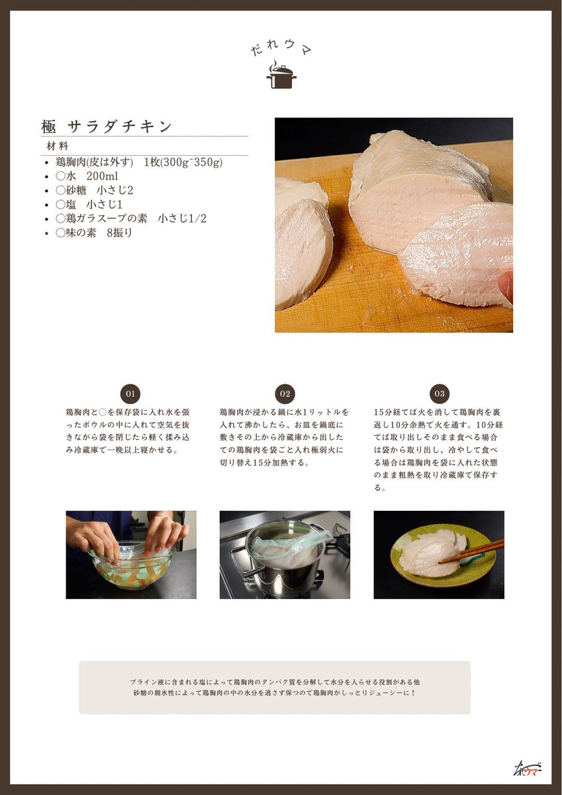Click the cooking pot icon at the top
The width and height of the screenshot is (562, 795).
281,76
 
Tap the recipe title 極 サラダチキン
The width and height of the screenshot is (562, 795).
107,126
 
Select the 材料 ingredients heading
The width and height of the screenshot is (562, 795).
57,146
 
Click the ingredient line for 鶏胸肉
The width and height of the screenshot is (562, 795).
139,162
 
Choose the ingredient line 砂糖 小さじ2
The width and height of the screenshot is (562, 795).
95,190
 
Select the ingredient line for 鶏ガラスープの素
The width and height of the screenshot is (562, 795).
131,219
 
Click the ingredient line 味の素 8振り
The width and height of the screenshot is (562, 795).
94,233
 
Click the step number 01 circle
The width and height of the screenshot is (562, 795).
130,394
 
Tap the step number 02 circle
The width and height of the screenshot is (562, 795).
285,394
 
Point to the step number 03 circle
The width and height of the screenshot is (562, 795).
439,394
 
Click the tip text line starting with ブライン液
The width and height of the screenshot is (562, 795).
275,682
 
